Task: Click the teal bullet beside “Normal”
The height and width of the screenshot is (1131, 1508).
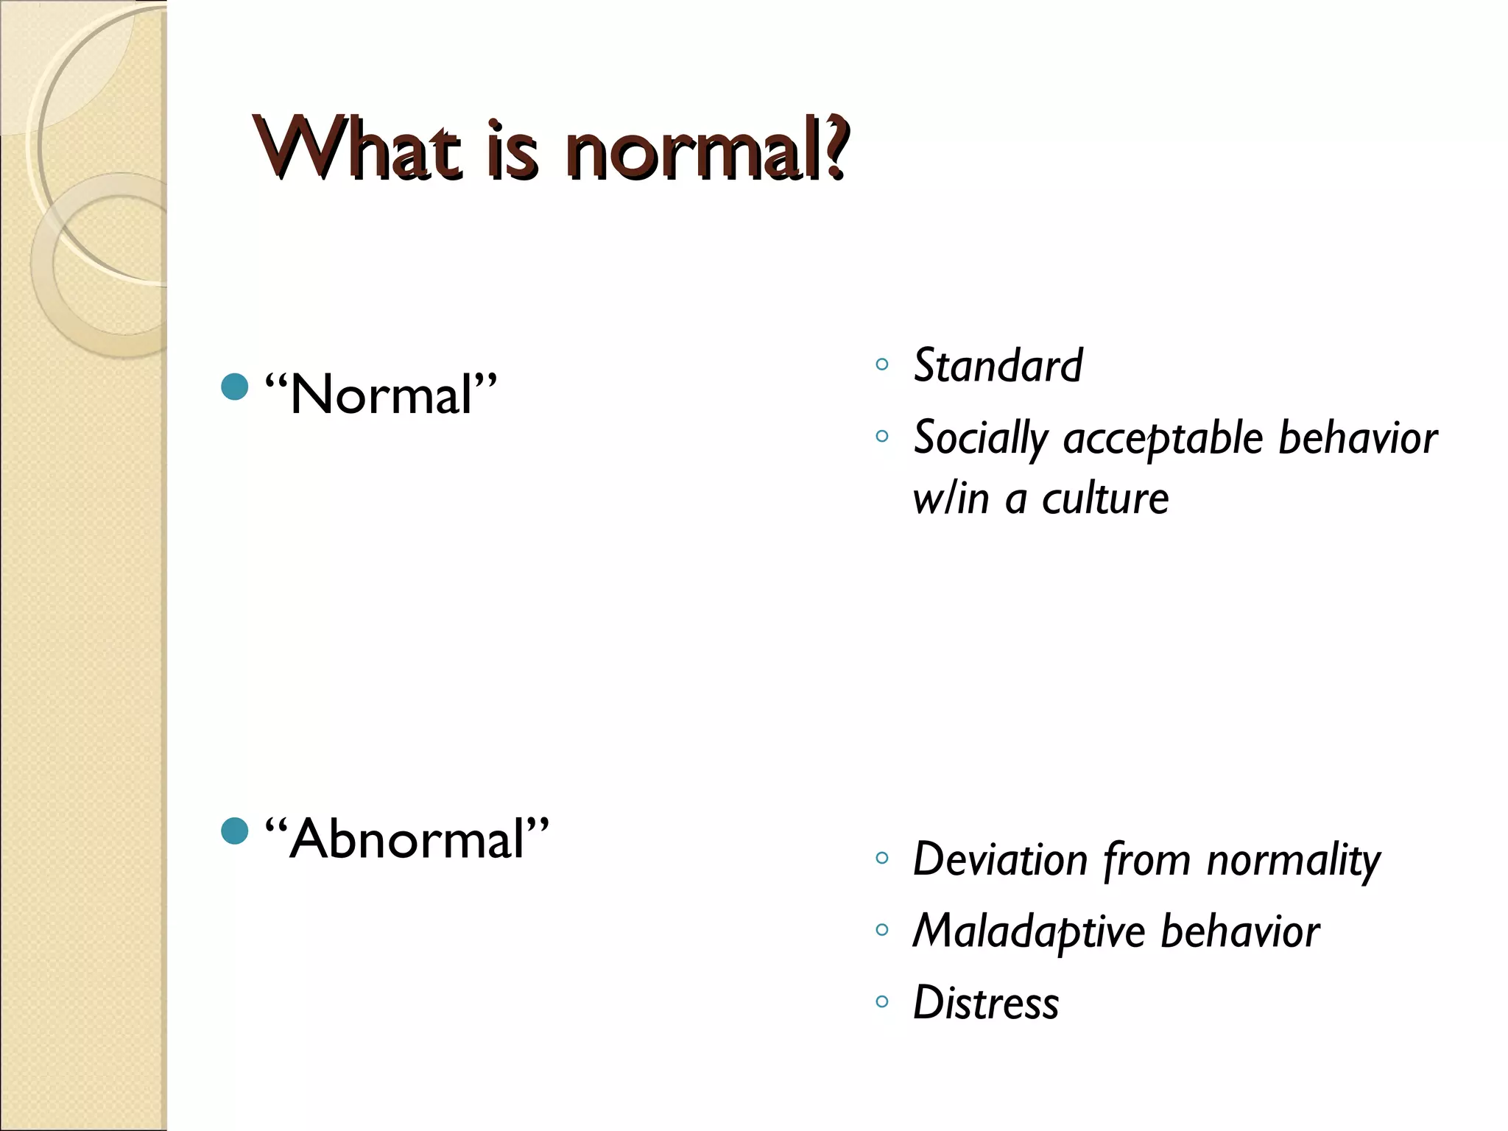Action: (234, 387)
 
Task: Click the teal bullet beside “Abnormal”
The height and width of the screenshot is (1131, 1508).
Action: (234, 831)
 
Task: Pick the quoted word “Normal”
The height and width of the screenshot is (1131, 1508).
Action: (381, 395)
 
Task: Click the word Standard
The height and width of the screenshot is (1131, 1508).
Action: (998, 365)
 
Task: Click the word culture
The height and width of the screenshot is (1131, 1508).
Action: (1104, 499)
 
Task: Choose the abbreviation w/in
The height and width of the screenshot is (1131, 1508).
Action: (951, 499)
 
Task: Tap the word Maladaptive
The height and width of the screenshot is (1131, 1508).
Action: (1029, 931)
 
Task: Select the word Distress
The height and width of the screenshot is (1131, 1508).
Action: (986, 1003)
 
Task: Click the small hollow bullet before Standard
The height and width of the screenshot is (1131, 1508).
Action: (882, 364)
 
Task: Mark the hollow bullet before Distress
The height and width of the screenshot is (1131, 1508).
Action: (882, 1001)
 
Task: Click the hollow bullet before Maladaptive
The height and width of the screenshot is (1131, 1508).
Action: (882, 929)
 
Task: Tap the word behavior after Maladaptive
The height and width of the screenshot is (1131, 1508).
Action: (1240, 931)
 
